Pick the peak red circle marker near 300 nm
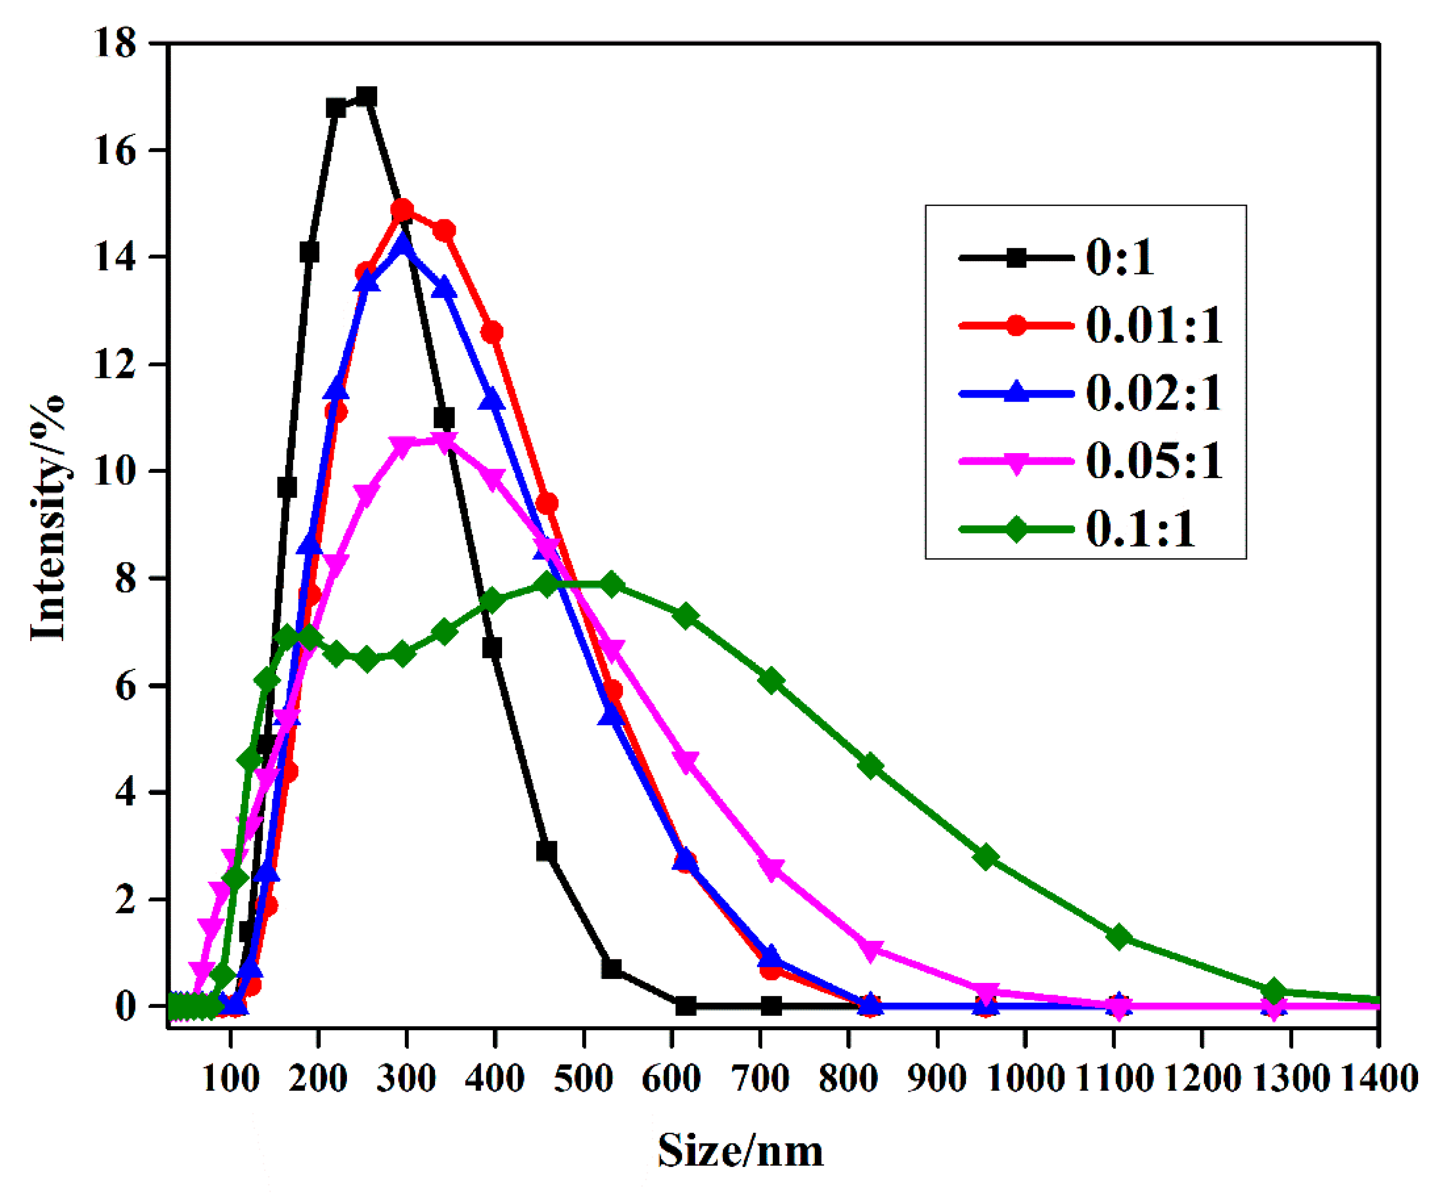coord(402,209)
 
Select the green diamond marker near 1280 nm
coord(1274,991)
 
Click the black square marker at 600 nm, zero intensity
coord(685,1006)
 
